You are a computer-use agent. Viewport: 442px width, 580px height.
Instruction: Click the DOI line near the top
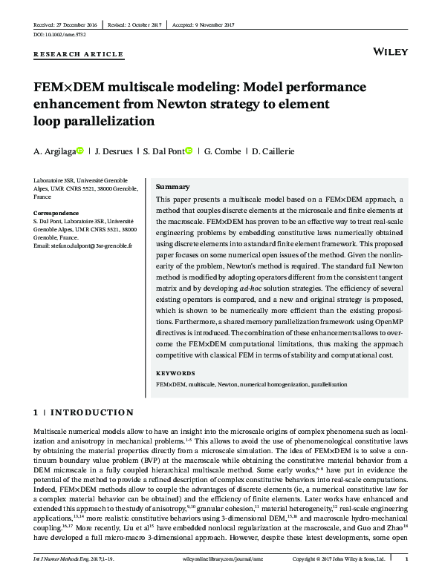[55, 35]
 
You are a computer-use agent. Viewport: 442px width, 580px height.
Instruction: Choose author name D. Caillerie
[273, 151]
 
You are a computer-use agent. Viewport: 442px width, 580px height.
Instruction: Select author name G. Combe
[222, 151]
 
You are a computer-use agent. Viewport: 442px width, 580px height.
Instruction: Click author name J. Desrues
[112, 151]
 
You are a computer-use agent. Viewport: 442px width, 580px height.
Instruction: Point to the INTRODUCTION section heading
[91, 412]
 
